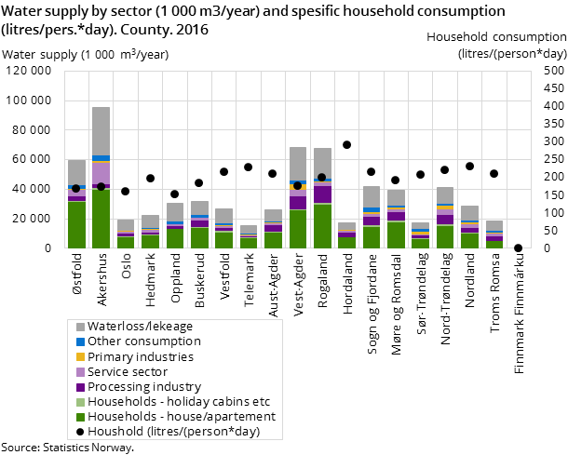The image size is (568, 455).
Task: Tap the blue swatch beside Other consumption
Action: [80, 341]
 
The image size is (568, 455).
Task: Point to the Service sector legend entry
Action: [128, 371]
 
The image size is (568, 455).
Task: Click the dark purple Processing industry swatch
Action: [80, 387]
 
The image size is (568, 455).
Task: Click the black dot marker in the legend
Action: [80, 432]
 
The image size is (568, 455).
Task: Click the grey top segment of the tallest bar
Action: [101, 130]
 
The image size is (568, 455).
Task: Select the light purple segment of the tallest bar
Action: [101, 173]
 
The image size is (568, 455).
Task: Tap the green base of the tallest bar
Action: [101, 219]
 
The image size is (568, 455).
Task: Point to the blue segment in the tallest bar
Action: [101, 158]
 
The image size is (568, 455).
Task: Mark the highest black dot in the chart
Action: [346, 144]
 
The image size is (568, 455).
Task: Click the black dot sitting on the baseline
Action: [518, 248]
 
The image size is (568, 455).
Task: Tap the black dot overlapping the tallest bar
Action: [101, 186]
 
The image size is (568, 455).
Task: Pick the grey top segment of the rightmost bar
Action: [494, 225]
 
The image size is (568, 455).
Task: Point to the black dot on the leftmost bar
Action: [76, 188]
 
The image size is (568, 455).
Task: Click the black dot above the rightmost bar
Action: [494, 173]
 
